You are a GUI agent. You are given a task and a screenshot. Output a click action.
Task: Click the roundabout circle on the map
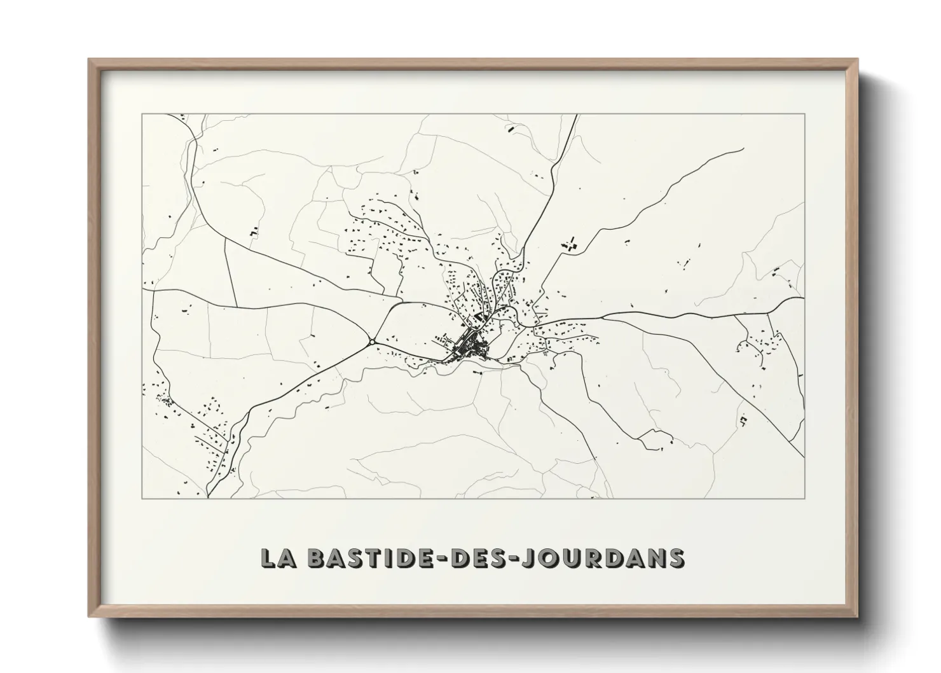(371, 342)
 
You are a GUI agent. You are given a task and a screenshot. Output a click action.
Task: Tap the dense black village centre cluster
(471, 347)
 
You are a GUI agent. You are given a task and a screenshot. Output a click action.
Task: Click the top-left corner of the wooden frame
(90, 60)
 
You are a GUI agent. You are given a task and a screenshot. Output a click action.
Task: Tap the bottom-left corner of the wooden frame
(90, 616)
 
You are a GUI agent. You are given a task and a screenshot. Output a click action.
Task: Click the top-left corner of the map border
(142, 114)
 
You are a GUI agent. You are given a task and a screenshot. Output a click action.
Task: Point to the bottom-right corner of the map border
(805, 498)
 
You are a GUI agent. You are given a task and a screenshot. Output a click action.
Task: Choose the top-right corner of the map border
(805, 114)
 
